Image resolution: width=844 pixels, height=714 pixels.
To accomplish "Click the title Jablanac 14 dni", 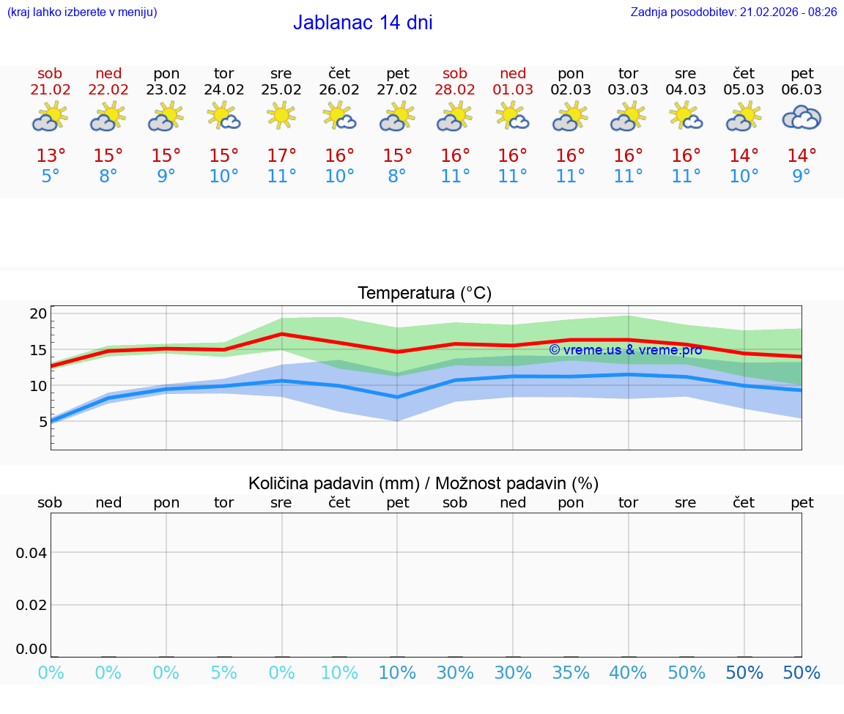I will pyautogui.click(x=363, y=23).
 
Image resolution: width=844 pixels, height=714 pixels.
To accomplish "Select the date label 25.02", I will pyautogui.click(x=281, y=90).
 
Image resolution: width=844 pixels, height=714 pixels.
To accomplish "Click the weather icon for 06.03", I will pyautogui.click(x=802, y=117).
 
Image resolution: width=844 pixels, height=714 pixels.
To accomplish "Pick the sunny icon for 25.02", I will pyautogui.click(x=281, y=116).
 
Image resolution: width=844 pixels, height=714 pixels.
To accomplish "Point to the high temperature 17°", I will pyautogui.click(x=281, y=156).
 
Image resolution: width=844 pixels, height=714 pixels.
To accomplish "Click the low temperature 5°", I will pyautogui.click(x=50, y=176).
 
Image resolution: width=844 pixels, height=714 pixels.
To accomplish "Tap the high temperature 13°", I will pyautogui.click(x=51, y=156).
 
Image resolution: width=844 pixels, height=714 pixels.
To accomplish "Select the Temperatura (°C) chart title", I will pyautogui.click(x=424, y=294).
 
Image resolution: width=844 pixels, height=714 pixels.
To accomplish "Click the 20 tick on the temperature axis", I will pyautogui.click(x=38, y=314).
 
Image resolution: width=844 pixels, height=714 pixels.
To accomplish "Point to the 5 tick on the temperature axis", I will pyautogui.click(x=42, y=422).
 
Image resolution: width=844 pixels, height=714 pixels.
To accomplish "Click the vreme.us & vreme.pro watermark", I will pyautogui.click(x=625, y=350).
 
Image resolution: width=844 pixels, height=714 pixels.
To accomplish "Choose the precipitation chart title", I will pyautogui.click(x=423, y=483).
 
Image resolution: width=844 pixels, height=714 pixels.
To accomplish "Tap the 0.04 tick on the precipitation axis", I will pyautogui.click(x=32, y=553).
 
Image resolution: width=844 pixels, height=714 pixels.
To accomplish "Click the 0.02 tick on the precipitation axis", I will pyautogui.click(x=32, y=605).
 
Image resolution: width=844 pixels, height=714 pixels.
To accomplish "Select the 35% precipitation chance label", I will pyautogui.click(x=571, y=673).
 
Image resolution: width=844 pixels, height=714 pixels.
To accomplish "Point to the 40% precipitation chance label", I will pyautogui.click(x=629, y=673).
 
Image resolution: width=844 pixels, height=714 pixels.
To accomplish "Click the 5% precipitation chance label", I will pyautogui.click(x=223, y=673).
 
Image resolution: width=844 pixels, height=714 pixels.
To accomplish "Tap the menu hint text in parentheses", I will pyautogui.click(x=82, y=12).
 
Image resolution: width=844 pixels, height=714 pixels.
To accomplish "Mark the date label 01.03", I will pyautogui.click(x=513, y=90).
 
